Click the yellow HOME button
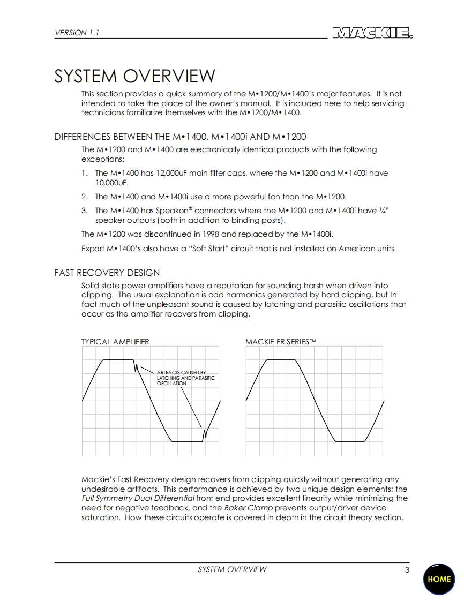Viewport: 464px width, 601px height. [x=439, y=579]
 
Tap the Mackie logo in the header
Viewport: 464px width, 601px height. [x=372, y=33]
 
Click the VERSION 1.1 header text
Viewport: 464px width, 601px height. [x=77, y=33]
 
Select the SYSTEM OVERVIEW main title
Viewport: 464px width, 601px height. [x=134, y=76]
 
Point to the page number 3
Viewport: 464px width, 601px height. [x=407, y=570]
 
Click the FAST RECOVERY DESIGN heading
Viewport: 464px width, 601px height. [x=107, y=273]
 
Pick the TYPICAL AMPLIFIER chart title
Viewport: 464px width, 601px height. [x=115, y=342]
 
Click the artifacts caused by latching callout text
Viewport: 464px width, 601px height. [x=185, y=378]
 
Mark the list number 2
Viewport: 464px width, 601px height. [x=84, y=197]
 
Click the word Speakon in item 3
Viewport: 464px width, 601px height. [x=171, y=211]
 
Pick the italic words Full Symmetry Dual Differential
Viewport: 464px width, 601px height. [x=138, y=499]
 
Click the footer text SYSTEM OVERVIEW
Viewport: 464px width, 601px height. [x=232, y=569]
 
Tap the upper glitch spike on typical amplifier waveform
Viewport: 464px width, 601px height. [x=136, y=367]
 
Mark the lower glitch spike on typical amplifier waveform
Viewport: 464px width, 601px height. [x=204, y=433]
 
